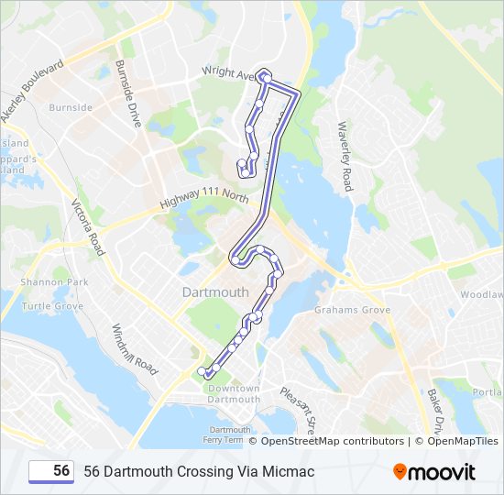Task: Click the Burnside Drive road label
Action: click(127, 94)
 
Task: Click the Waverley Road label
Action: click(345, 157)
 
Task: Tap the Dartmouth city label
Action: click(215, 292)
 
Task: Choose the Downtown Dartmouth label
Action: click(234, 393)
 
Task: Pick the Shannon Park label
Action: click(54, 282)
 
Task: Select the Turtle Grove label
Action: click(52, 306)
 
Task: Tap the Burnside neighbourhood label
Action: click(71, 107)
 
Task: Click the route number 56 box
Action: click(52, 471)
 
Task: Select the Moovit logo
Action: click(434, 471)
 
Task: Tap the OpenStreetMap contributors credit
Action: click(333, 441)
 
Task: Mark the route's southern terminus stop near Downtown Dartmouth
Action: click(202, 370)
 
